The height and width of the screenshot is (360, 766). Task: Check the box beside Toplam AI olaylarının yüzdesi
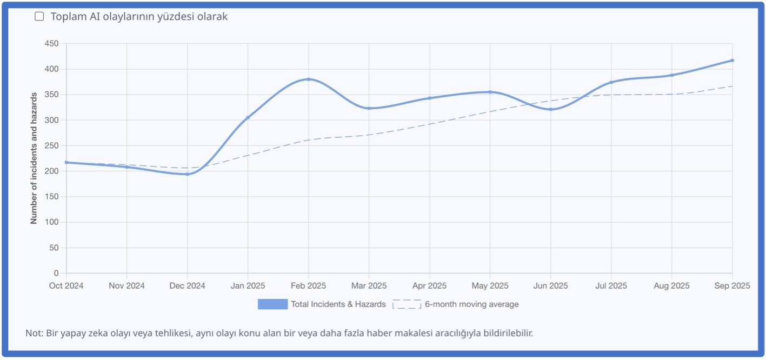pos(39,16)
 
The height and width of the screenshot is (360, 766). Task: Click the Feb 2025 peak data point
pos(308,79)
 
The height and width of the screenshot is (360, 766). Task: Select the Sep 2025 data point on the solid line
pos(732,61)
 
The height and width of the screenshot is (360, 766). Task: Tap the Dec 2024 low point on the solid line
pos(187,174)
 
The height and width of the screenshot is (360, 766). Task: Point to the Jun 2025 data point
pos(550,109)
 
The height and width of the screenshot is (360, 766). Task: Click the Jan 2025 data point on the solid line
pos(248,117)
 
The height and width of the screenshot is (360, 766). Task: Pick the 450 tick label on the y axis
pos(52,44)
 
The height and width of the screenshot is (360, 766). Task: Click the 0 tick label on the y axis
pos(56,274)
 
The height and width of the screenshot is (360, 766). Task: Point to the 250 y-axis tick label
pos(52,146)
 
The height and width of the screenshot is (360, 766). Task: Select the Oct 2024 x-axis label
pos(66,286)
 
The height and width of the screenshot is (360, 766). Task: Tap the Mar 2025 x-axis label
pos(369,286)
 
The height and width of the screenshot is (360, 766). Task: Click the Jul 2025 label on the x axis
pos(611,286)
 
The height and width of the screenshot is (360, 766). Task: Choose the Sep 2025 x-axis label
pos(732,286)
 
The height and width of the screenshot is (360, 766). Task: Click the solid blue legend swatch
pos(272,304)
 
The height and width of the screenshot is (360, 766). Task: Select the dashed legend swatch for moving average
pos(407,304)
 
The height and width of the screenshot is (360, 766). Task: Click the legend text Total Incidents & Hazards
pos(338,304)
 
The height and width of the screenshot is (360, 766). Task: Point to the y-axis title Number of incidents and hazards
pos(34,158)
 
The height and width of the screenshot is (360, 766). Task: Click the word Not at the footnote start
pos(32,333)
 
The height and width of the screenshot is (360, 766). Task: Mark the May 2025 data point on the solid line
pos(490,92)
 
